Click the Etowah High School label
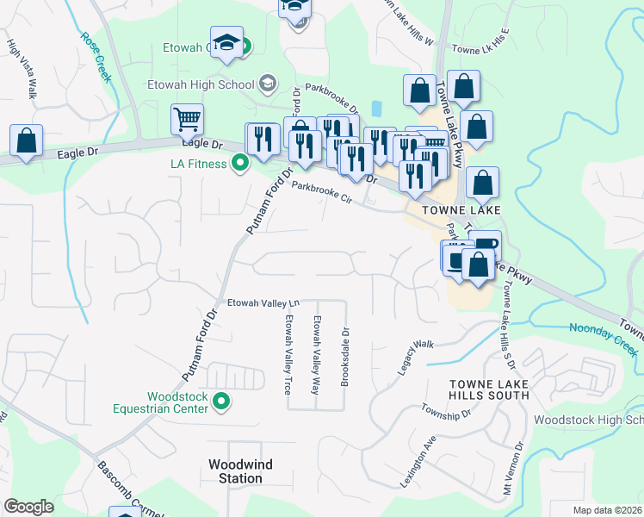[201, 84]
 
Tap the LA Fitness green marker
[242, 164]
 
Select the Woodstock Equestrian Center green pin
[221, 402]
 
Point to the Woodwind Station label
[240, 471]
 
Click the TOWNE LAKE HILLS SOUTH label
[488, 389]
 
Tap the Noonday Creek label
[602, 339]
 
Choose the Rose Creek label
[96, 57]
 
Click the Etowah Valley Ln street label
[263, 302]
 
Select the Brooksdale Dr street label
[345, 355]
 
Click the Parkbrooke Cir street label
[322, 190]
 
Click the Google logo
[28, 507]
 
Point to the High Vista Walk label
[22, 69]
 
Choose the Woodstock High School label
[588, 420]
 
